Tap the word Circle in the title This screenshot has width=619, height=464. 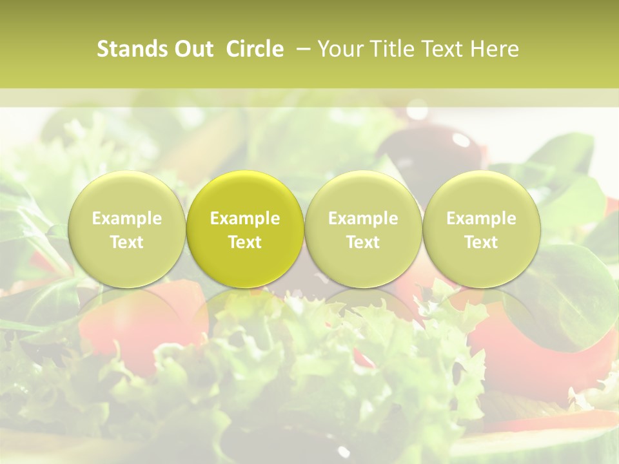click(255, 49)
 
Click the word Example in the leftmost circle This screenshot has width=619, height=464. click(126, 218)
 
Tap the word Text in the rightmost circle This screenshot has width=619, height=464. click(481, 242)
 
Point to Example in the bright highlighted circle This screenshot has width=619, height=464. click(245, 218)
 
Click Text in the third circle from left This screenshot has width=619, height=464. click(363, 242)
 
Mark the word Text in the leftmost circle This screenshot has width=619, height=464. click(126, 242)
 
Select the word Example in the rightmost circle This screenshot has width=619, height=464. click(481, 218)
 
